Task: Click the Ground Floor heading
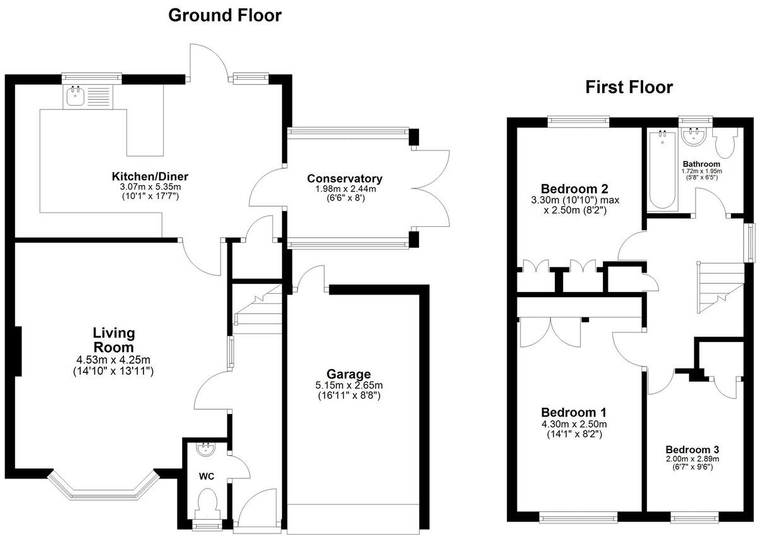(224, 16)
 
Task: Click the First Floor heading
(629, 87)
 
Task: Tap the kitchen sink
(76, 97)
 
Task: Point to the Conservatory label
(344, 178)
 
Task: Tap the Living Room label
(114, 339)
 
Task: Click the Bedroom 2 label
(574, 188)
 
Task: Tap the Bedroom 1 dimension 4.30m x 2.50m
(574, 424)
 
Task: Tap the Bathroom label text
(701, 164)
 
